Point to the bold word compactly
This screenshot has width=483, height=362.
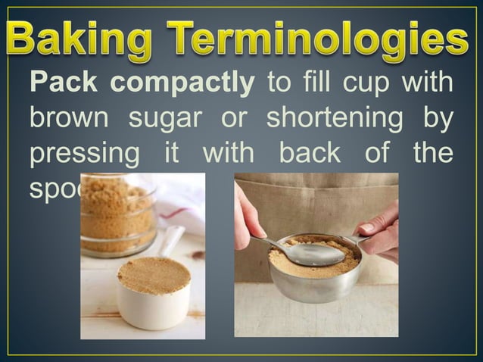tap(180, 84)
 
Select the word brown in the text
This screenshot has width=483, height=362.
tap(66, 118)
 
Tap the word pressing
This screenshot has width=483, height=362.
tap(84, 154)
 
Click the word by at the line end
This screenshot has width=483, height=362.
tap(438, 119)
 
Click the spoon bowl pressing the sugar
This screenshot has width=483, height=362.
tap(315, 254)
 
